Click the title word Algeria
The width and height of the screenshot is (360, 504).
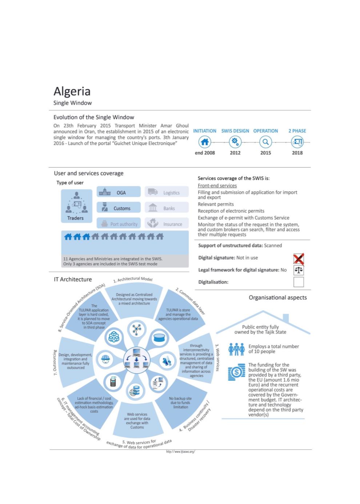coord(72,91)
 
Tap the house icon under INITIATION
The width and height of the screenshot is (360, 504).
coord(205,142)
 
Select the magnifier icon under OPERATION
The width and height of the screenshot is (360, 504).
coord(265,142)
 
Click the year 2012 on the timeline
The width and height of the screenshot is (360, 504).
coord(235,153)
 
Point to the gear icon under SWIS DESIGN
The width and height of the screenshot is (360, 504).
coord(235,142)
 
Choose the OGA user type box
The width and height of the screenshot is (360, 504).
coord(119,192)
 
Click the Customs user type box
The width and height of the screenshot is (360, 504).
coord(119,208)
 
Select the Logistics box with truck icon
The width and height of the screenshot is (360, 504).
coord(167,192)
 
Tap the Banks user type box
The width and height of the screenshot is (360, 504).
coord(167,208)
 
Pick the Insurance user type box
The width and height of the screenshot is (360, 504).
coord(167,224)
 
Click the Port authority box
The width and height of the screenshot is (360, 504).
coord(119,224)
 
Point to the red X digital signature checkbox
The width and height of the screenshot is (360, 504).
coord(299,259)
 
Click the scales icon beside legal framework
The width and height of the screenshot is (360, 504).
coord(299,270)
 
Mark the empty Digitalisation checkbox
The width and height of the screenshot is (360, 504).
coord(299,282)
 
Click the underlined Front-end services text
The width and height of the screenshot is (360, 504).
coord(217,186)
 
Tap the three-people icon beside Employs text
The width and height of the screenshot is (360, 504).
coord(236,349)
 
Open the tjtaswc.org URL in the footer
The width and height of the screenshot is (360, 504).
coord(181,452)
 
